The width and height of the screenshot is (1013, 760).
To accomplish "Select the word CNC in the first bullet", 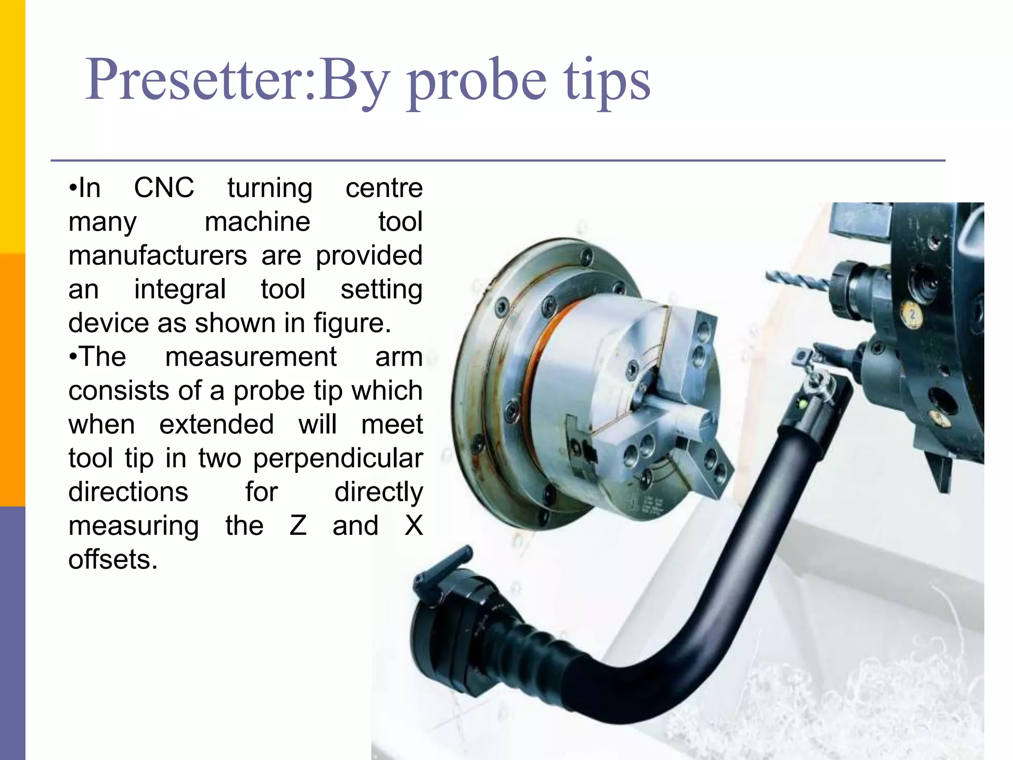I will coord(164,188).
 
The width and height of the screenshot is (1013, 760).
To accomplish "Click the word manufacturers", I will coord(158,256).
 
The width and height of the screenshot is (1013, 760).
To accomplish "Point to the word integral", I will coord(180,290).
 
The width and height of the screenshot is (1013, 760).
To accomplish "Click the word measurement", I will coord(251,357).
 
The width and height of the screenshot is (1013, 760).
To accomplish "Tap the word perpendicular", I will coord(338,458).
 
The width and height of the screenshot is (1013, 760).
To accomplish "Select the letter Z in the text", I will coord(298,525).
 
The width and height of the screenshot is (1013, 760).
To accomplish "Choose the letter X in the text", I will coord(414,525).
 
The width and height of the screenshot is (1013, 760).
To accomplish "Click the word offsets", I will coord(113,560).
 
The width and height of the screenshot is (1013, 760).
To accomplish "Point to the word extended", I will coord(216,425).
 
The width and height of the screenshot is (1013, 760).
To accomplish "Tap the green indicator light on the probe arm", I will coord(803,405).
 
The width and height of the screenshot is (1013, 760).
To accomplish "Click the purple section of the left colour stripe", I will coord(12,633).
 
